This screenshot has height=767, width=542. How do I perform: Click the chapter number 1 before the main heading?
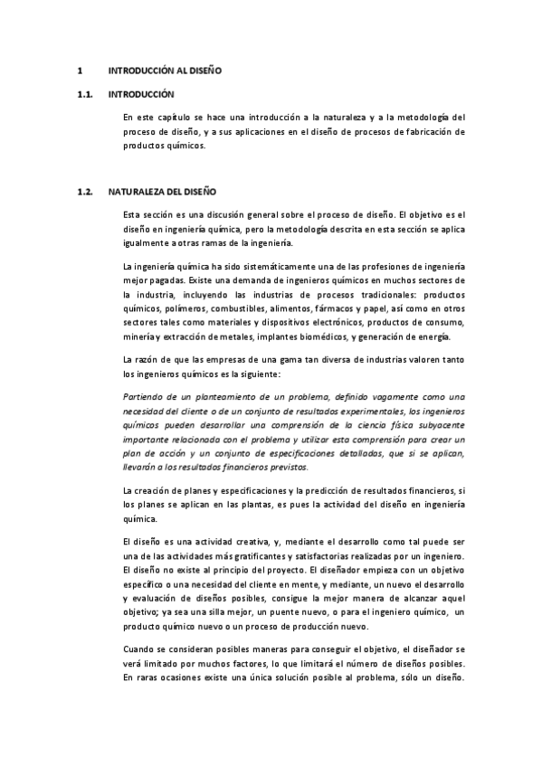coord(81,70)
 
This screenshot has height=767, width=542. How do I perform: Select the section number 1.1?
coord(86,93)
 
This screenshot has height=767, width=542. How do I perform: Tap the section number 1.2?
coord(86,192)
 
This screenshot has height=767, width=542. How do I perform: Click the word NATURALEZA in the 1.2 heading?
coord(141,192)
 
